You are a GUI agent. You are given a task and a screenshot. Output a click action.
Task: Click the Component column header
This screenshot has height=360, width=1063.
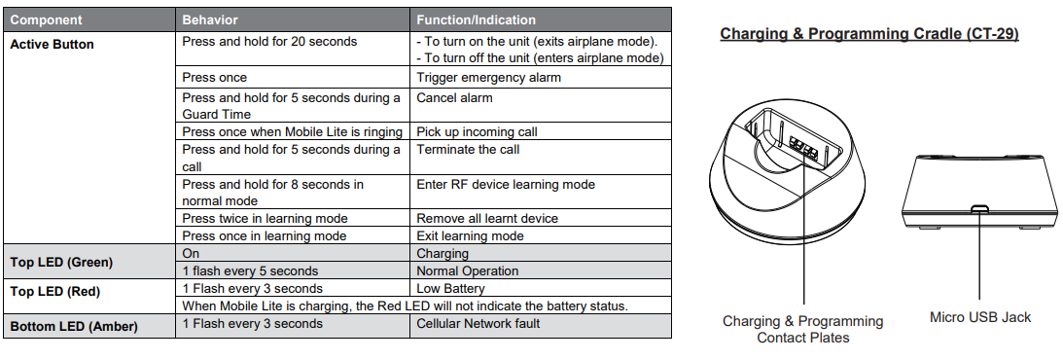coord(46,19)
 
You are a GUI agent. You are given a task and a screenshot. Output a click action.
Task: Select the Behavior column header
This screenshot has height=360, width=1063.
coord(210,19)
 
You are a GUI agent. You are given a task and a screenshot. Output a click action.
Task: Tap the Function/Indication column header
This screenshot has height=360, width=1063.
coord(476,19)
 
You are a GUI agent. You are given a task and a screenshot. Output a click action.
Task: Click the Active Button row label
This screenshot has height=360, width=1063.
coord(53,45)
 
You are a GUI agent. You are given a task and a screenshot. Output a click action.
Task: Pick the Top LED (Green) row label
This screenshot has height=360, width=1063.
coord(61,263)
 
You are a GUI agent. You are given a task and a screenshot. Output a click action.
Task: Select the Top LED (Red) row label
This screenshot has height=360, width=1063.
coord(54,292)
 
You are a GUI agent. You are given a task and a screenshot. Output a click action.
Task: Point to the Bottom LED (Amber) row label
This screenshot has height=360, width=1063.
coord(74,327)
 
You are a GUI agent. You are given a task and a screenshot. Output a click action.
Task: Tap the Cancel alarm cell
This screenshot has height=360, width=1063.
coord(454,97)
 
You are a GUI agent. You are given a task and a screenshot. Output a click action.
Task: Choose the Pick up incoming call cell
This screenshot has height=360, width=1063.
coord(478,132)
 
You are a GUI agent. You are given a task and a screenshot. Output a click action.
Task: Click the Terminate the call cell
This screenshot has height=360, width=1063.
coord(468,149)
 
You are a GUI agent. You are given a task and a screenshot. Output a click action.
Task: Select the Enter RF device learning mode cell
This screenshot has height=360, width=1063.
coord(506,185)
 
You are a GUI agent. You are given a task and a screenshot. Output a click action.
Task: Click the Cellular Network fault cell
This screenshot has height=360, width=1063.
coord(478,323)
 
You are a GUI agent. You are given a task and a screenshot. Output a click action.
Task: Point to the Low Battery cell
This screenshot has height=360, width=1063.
coord(451,289)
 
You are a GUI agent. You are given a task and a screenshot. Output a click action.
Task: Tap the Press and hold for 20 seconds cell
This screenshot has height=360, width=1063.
coord(269,42)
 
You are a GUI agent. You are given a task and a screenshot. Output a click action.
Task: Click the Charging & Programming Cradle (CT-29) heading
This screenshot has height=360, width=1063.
coord(869,34)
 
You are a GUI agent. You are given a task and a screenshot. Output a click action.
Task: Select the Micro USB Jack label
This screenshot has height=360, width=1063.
coord(980,316)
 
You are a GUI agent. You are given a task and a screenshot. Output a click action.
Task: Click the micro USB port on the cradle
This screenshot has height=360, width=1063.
coord(979,208)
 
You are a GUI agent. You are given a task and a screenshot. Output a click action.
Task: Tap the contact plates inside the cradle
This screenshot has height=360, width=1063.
coord(803,146)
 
